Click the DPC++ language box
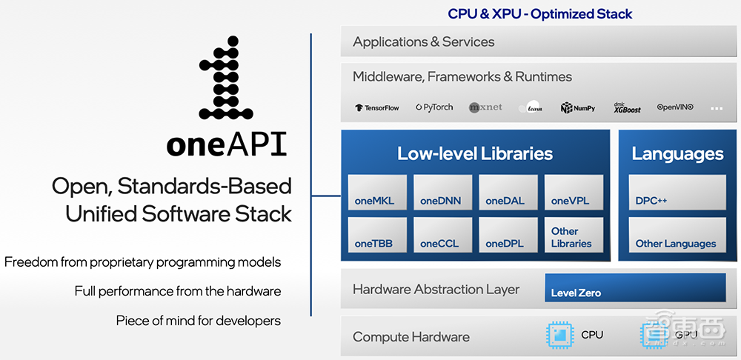[x=677, y=193]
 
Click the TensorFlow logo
[x=377, y=108]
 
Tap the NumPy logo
[x=578, y=108]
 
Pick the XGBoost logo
[x=626, y=107]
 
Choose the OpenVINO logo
[x=675, y=107]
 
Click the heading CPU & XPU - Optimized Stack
[x=539, y=13]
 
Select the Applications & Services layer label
[x=424, y=42]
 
